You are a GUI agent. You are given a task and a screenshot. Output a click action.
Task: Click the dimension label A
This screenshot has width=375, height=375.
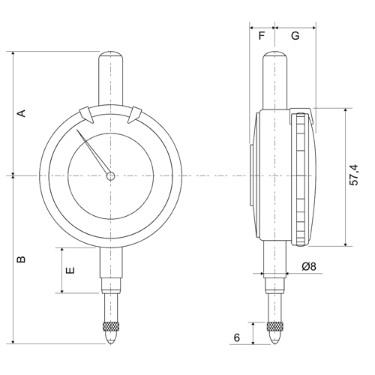click(x=22, y=113)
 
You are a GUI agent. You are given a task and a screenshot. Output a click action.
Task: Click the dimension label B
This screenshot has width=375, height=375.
click(x=22, y=259)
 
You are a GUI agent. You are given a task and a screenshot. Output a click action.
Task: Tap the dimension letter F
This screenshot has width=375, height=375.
click(x=262, y=35)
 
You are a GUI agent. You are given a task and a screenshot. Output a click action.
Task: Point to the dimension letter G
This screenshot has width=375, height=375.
click(x=295, y=35)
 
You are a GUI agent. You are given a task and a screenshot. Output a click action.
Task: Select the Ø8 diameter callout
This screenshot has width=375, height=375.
click(x=308, y=267)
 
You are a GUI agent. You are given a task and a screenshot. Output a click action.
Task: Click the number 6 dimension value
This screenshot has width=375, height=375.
click(x=237, y=337)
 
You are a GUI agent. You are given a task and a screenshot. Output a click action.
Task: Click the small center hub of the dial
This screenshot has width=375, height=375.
click(x=111, y=177)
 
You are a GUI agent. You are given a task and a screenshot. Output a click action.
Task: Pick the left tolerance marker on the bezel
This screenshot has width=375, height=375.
click(x=88, y=115)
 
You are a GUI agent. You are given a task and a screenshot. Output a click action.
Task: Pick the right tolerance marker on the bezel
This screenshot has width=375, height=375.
click(x=135, y=115)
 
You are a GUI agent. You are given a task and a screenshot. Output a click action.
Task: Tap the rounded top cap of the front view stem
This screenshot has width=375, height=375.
click(x=111, y=57)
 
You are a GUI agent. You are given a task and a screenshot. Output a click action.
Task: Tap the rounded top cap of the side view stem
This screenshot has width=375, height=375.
click(x=276, y=57)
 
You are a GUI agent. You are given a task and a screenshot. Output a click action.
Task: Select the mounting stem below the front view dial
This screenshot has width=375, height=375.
click(x=111, y=270)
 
